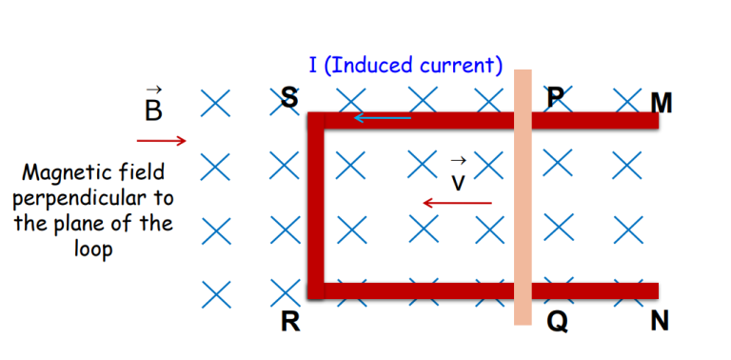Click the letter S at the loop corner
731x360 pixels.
pos(288,96)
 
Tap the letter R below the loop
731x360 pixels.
pos(290,323)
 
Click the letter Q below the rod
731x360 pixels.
pos(557,323)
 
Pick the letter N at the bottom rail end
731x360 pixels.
pos(660,323)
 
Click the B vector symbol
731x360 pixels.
pos(153,107)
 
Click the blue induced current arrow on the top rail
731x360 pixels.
pos(383,118)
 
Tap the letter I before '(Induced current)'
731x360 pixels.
pos(313,65)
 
